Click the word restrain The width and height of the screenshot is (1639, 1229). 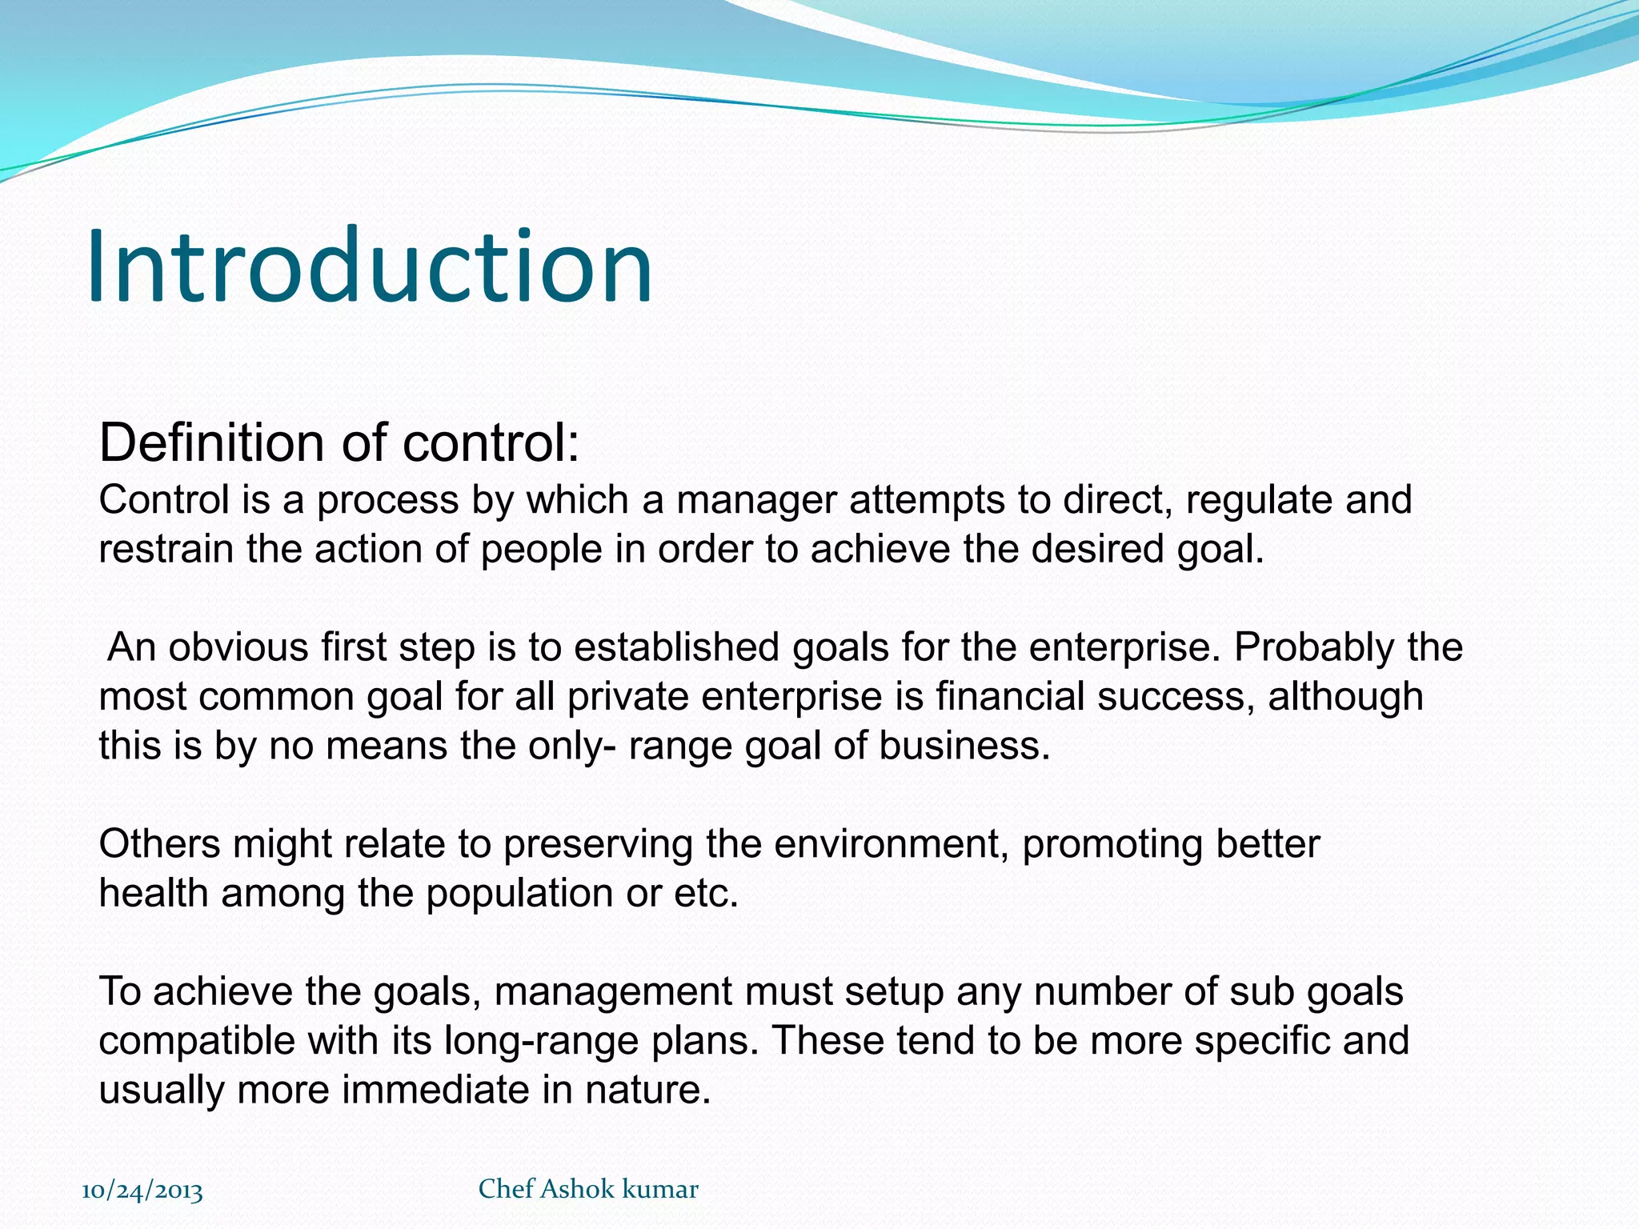click(x=166, y=550)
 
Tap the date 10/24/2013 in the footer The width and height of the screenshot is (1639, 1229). click(x=142, y=1190)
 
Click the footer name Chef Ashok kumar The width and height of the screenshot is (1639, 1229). click(x=588, y=1189)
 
